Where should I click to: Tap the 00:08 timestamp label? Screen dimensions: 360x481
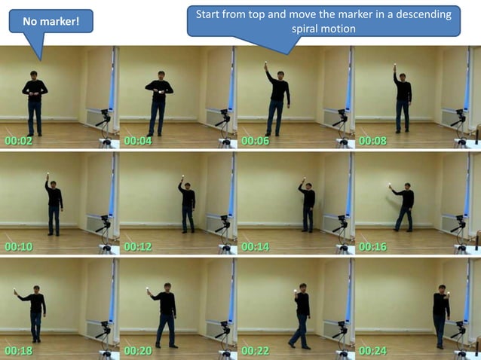[372, 140]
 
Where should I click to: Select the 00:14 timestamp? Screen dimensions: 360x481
[254, 246]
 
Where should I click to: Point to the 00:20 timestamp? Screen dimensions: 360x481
[137, 350]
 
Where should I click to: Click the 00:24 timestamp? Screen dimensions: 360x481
[372, 350]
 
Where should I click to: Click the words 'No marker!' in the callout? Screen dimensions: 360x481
[51, 22]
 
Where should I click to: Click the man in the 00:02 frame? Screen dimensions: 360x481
[34, 102]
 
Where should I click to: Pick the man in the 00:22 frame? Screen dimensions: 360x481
[302, 315]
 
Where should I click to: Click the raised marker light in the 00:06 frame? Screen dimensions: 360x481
[267, 63]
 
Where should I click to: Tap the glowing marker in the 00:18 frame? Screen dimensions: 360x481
[15, 290]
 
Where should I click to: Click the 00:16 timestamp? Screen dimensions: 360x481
[372, 246]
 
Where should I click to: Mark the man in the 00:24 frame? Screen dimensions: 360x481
[441, 315]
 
